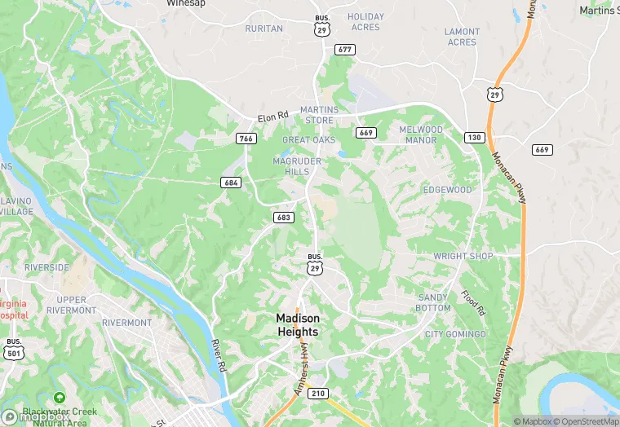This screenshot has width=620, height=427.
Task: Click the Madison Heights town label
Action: coord(297,324)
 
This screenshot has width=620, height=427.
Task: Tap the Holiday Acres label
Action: coord(365,21)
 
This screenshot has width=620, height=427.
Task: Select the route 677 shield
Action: coord(344,50)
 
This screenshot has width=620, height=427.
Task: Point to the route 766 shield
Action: coord(246,139)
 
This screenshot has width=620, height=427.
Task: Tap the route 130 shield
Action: coord(474,136)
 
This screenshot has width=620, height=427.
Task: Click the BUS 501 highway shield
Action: coord(13,348)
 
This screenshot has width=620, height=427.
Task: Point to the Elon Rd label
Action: coord(273,117)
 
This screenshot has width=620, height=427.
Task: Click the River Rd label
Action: coord(216,355)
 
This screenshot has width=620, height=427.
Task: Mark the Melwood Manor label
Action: coord(420,134)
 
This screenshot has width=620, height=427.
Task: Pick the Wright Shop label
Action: coord(463,256)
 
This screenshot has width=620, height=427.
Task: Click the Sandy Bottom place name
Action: coord(433,303)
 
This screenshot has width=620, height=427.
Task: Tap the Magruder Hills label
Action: coord(291,166)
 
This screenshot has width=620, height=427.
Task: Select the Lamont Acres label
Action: coord(462,37)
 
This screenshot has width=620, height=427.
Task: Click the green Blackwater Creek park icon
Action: coord(58,398)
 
